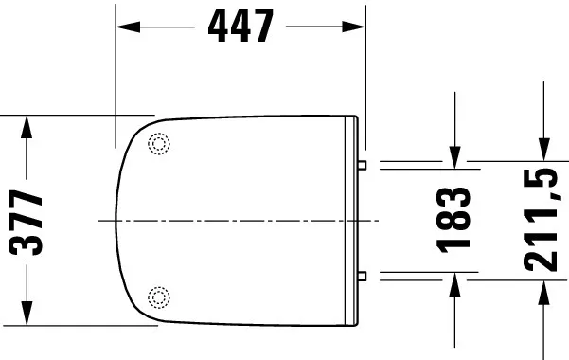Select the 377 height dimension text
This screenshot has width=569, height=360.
pyautogui.click(x=27, y=223)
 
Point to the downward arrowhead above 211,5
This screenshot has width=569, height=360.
pyautogui.click(x=543, y=152)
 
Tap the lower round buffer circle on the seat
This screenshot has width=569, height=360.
pyautogui.click(x=159, y=297)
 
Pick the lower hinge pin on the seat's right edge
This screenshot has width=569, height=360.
pyautogui.click(x=364, y=276)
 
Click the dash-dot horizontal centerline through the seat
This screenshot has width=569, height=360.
pyautogui.click(x=237, y=221)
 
